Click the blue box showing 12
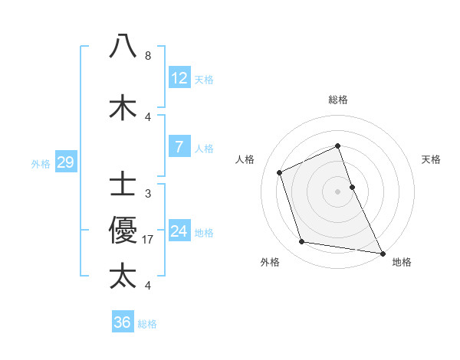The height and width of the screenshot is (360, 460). click(179, 77)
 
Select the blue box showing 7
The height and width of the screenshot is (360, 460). click(179, 146)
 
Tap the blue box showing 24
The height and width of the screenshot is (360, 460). click(179, 231)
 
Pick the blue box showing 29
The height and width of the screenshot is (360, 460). click(65, 162)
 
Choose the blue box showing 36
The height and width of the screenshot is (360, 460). click(122, 322)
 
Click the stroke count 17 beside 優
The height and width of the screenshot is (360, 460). click(148, 239)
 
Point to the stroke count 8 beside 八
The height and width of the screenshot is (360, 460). click(148, 56)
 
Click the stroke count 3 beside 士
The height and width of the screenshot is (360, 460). click(148, 193)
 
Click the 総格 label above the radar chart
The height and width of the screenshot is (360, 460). click(338, 100)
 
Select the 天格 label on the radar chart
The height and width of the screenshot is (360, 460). click(432, 159)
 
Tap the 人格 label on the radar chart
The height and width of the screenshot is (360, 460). click(245, 159)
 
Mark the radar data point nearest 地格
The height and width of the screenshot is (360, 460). click(381, 251)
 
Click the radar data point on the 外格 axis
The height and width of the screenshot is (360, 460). click(302, 242)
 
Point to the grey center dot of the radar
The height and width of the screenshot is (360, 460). click(338, 191)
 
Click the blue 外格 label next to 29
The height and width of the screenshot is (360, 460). click(41, 162)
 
